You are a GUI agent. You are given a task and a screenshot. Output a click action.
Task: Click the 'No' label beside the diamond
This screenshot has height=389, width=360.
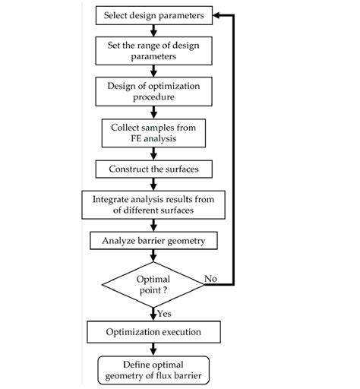point(210,278)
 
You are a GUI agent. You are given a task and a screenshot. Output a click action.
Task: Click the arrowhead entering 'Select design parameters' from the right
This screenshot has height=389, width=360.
point(218,14)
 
